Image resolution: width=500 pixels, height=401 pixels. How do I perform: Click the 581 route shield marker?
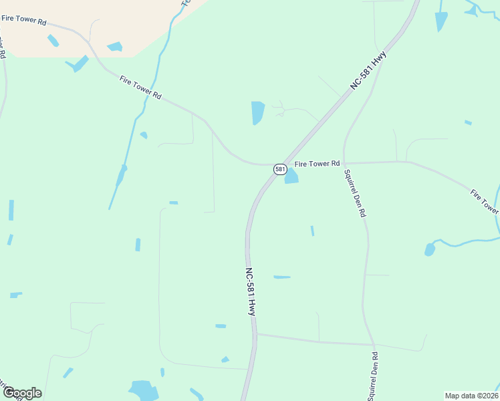pyautogui.click(x=280, y=169)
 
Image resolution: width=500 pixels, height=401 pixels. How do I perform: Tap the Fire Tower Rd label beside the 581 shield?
pyautogui.click(x=318, y=163)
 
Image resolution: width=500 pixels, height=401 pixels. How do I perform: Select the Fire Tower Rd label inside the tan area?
pyautogui.click(x=23, y=22)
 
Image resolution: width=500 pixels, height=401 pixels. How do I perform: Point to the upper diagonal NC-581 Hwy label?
pyautogui.click(x=368, y=72)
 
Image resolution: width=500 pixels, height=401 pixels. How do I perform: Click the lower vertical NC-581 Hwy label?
pyautogui.click(x=250, y=292)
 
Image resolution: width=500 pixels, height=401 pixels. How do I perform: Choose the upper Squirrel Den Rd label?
pyautogui.click(x=354, y=193)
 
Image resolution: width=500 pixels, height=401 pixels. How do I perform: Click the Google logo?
pyautogui.click(x=21, y=393)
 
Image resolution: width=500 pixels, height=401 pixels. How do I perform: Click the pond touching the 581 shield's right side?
pyautogui.click(x=291, y=176)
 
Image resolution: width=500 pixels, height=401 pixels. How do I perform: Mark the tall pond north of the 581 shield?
pyautogui.click(x=257, y=112)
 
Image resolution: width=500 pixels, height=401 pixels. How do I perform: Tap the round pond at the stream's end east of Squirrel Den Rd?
pyautogui.click(x=430, y=250)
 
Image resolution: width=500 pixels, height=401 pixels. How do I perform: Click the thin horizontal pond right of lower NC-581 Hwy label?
pyautogui.click(x=282, y=277)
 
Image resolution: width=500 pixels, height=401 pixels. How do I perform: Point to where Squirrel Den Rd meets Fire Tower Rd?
pyautogui.click(x=344, y=162)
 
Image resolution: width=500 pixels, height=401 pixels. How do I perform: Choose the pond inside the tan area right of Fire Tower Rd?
pyautogui.click(x=115, y=47)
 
